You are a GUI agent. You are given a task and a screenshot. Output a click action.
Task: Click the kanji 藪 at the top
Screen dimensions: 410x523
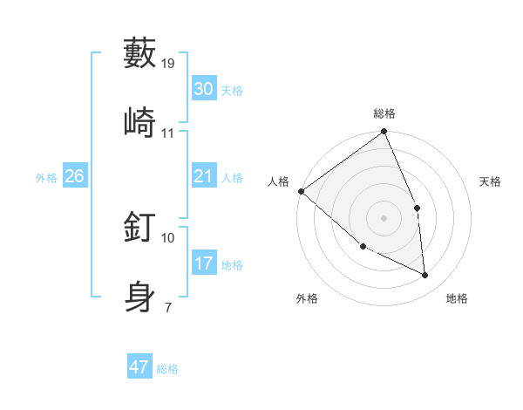pyautogui.click(x=140, y=53)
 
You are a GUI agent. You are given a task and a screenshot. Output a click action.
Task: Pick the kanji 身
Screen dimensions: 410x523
pyautogui.click(x=140, y=296)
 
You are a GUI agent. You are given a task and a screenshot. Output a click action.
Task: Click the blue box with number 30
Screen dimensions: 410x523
pyautogui.click(x=203, y=88)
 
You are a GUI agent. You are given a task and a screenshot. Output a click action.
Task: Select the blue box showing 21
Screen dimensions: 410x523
pyautogui.click(x=203, y=176)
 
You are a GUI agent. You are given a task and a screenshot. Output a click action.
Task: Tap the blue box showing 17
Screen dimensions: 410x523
pyautogui.click(x=203, y=263)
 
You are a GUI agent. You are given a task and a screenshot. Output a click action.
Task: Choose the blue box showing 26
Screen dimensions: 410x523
pyautogui.click(x=74, y=176)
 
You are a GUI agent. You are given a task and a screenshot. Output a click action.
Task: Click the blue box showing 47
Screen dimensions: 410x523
pyautogui.click(x=139, y=367)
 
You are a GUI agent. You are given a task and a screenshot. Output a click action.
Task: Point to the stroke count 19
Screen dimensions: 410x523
pyautogui.click(x=169, y=63)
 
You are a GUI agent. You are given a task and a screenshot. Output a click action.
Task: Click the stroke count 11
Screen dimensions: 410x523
pyautogui.click(x=168, y=133)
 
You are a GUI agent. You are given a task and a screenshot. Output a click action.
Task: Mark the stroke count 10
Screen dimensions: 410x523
pyautogui.click(x=168, y=237)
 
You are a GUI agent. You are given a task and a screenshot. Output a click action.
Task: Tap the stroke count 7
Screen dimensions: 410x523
pyautogui.click(x=167, y=307)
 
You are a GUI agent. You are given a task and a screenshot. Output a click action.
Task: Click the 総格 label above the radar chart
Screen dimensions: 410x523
pyautogui.click(x=384, y=113)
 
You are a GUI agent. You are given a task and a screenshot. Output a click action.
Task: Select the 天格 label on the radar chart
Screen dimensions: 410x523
pyautogui.click(x=490, y=181)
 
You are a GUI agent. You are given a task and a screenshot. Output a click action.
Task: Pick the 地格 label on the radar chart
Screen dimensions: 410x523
pyautogui.click(x=457, y=298)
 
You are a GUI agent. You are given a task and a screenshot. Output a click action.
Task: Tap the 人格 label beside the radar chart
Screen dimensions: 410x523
pyautogui.click(x=278, y=181)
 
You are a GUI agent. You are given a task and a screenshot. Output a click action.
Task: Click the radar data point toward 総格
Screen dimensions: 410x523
pyautogui.click(x=384, y=133)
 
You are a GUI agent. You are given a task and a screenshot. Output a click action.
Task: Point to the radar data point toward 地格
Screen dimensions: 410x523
pyautogui.click(x=425, y=276)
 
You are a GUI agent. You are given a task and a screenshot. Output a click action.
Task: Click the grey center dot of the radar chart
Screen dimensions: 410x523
pyautogui.click(x=384, y=217)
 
